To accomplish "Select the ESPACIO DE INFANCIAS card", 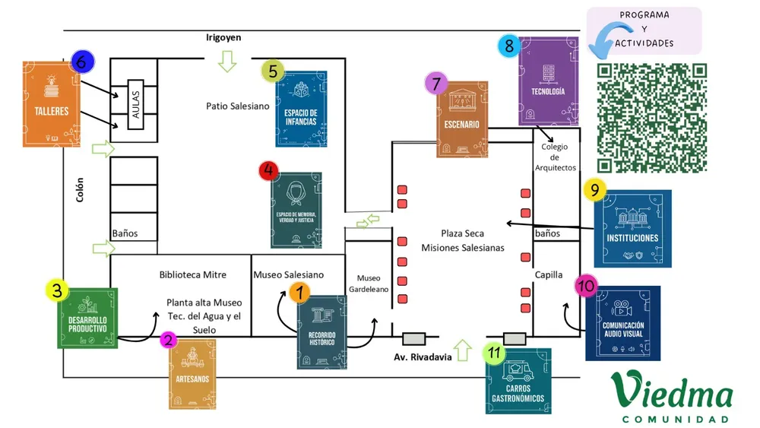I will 301,109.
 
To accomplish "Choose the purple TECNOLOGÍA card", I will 553,81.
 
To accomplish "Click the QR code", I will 652,118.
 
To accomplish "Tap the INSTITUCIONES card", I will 632,229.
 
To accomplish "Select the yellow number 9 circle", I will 594,189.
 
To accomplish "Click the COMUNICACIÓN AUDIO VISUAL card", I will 622,323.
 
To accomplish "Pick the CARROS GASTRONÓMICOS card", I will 518,381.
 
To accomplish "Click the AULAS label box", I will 135,105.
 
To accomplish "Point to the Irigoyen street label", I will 223,37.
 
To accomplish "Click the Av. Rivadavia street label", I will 423,357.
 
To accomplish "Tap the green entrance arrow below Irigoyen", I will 227,61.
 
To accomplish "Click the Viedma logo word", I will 673,392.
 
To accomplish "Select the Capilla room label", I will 549,275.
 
